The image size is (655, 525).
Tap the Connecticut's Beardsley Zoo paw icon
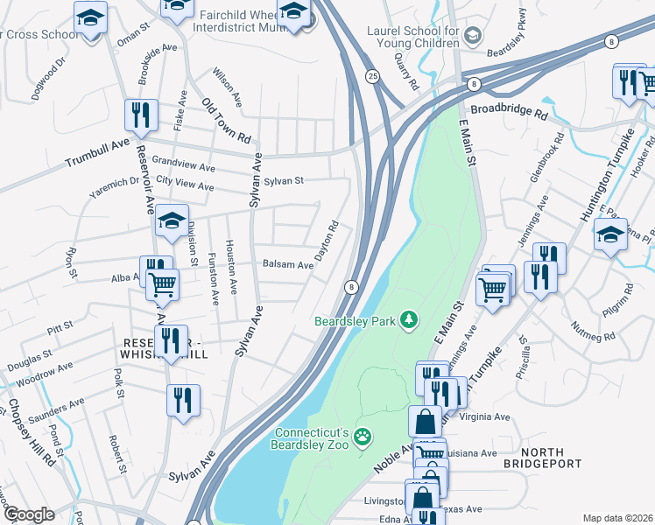click(x=363, y=435)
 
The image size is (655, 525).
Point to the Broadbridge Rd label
click(x=509, y=114)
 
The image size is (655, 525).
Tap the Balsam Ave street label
click(x=288, y=264)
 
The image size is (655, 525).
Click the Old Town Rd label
click(x=227, y=121)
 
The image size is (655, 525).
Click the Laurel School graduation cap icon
click(x=473, y=35)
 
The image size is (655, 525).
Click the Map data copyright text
click(x=617, y=518)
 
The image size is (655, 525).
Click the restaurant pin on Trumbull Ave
click(x=140, y=114)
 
